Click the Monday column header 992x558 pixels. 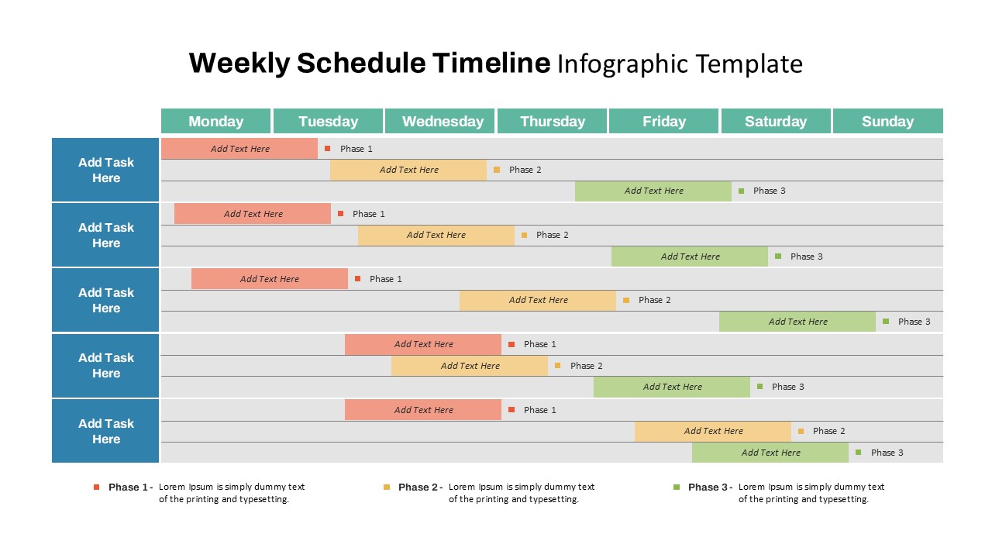[x=215, y=121]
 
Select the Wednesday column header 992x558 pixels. [x=443, y=121]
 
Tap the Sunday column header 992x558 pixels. [x=887, y=121]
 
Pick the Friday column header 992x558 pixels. [x=664, y=121]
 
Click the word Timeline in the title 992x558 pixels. [x=491, y=63]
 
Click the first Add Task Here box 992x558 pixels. [x=105, y=170]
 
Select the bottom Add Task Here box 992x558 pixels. [x=105, y=431]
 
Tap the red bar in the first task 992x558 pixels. [x=239, y=149]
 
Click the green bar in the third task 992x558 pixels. [x=797, y=322]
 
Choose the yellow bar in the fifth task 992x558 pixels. [x=713, y=431]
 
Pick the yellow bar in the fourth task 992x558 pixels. [x=470, y=366]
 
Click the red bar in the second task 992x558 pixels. [x=253, y=214]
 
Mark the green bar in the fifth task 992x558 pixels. [x=770, y=453]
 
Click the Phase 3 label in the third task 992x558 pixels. [x=914, y=322]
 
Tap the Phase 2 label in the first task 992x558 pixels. [x=525, y=170]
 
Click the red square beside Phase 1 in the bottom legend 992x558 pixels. [x=97, y=487]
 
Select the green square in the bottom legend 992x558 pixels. [x=677, y=487]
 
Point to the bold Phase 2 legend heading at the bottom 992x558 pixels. [x=419, y=487]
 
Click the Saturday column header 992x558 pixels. [x=776, y=121]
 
